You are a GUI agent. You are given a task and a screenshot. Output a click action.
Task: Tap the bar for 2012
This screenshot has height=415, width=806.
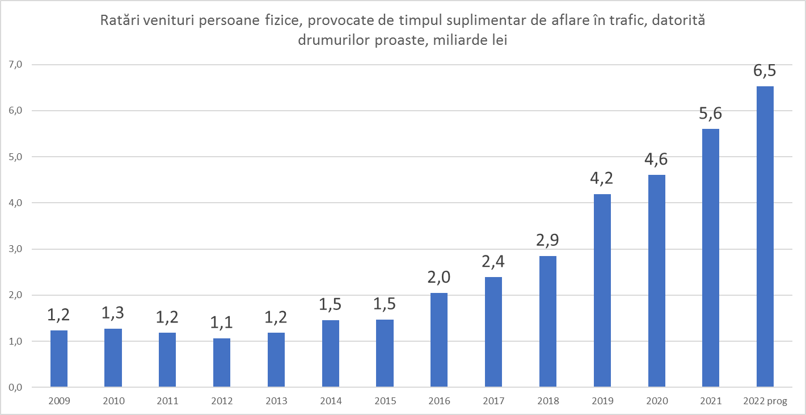222,363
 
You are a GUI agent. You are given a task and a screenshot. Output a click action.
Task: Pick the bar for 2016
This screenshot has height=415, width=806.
439,340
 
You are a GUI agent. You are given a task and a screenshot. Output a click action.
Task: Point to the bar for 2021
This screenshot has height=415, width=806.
710,258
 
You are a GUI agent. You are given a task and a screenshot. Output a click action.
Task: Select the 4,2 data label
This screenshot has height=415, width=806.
602,179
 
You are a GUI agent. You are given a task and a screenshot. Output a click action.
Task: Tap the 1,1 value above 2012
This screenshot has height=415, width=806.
222,323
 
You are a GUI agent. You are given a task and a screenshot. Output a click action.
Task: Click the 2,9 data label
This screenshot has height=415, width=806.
547,241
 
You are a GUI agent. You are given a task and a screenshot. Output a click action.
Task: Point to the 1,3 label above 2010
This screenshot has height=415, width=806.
113,313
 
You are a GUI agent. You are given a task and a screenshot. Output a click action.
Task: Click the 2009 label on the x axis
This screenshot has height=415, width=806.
59,401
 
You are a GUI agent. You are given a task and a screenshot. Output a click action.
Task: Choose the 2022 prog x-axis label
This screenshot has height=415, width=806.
765,401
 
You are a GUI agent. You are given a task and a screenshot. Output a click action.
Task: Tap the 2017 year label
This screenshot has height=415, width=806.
493,401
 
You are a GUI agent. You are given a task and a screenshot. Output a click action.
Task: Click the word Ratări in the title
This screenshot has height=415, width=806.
119,22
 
